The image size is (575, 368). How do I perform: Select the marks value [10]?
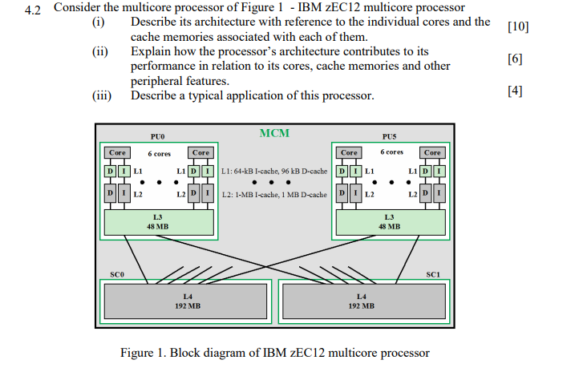tap(519, 26)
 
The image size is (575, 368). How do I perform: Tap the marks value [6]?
tap(515, 59)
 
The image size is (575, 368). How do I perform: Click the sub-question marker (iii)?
tap(102, 96)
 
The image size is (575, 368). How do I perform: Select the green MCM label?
tap(274, 132)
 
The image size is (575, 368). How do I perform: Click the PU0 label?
tap(157, 137)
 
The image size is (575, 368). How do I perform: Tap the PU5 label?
tap(390, 137)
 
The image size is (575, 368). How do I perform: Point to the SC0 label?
tap(117, 274)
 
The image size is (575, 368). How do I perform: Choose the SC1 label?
tap(433, 274)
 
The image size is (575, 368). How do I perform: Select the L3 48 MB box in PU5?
tap(390, 221)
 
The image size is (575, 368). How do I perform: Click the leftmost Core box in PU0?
tap(118, 152)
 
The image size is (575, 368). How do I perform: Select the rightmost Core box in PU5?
tap(432, 152)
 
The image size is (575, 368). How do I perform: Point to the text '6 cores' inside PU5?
tap(391, 152)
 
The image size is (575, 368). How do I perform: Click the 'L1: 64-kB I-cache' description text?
tap(273, 171)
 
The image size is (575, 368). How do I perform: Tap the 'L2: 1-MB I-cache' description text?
tap(273, 194)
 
